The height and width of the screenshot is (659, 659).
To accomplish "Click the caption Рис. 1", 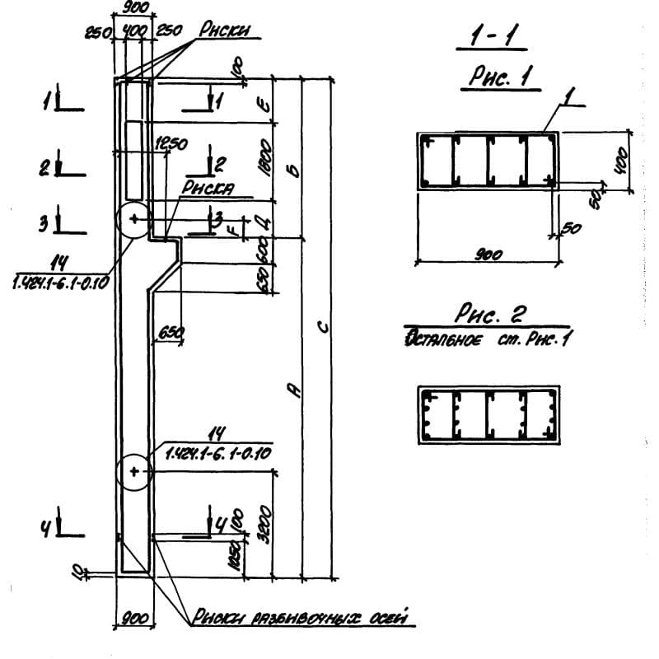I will tap(498, 78).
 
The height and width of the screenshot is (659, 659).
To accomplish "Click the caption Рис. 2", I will tap(490, 314).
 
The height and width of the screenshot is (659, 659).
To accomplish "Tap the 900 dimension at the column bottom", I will tap(133, 618).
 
